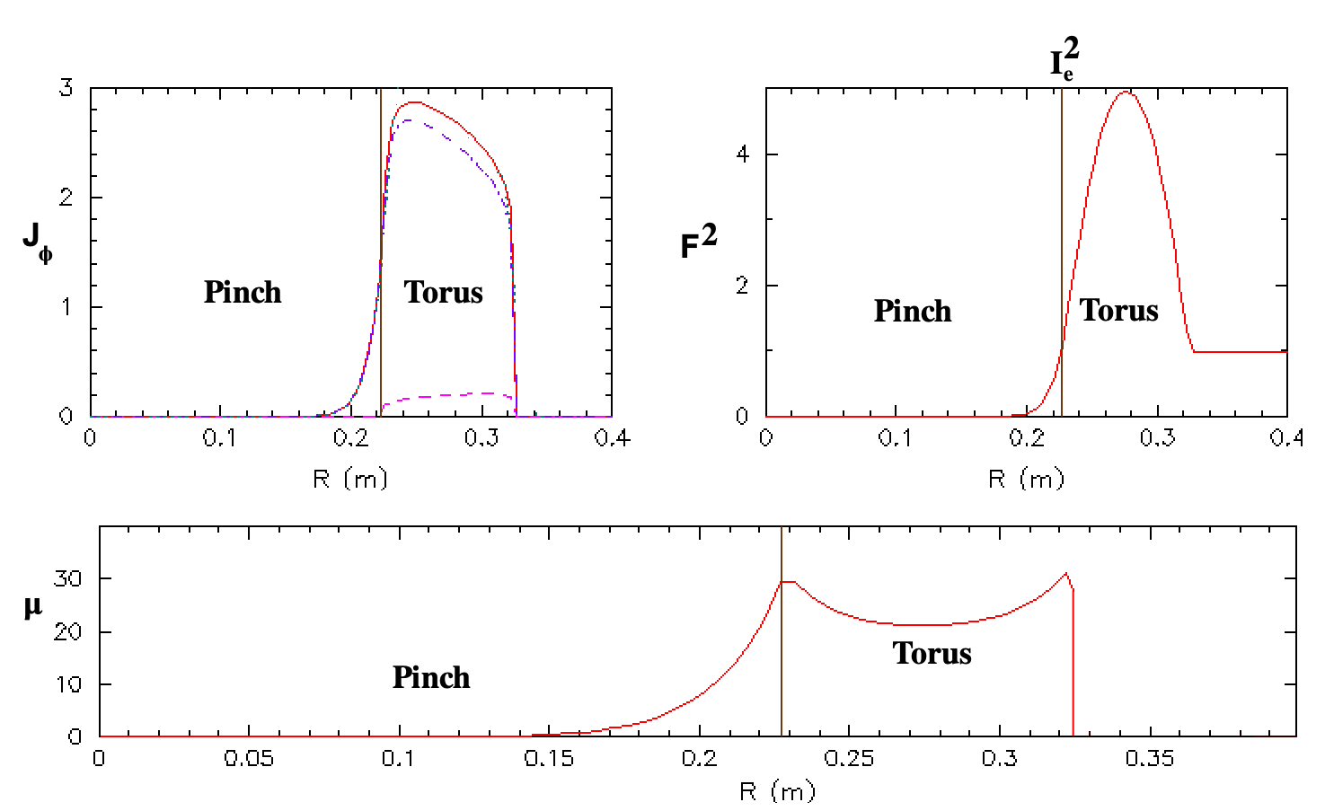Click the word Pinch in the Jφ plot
243,292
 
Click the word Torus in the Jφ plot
443,292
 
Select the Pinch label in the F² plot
913,311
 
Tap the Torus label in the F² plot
1118,311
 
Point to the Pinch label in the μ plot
431,677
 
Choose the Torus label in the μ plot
932,654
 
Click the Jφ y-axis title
38,243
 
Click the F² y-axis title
699,242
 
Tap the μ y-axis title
33,607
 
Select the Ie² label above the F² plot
1064,58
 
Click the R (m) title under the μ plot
778,791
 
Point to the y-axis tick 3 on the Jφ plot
66,89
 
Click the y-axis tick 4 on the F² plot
742,155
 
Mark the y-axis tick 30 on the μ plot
67,578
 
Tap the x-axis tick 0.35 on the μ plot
1149,758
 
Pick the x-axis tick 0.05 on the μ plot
249,758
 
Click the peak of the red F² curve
1126,92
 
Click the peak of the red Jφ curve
416,101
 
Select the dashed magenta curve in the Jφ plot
447,396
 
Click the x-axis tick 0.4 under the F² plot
1286,437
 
